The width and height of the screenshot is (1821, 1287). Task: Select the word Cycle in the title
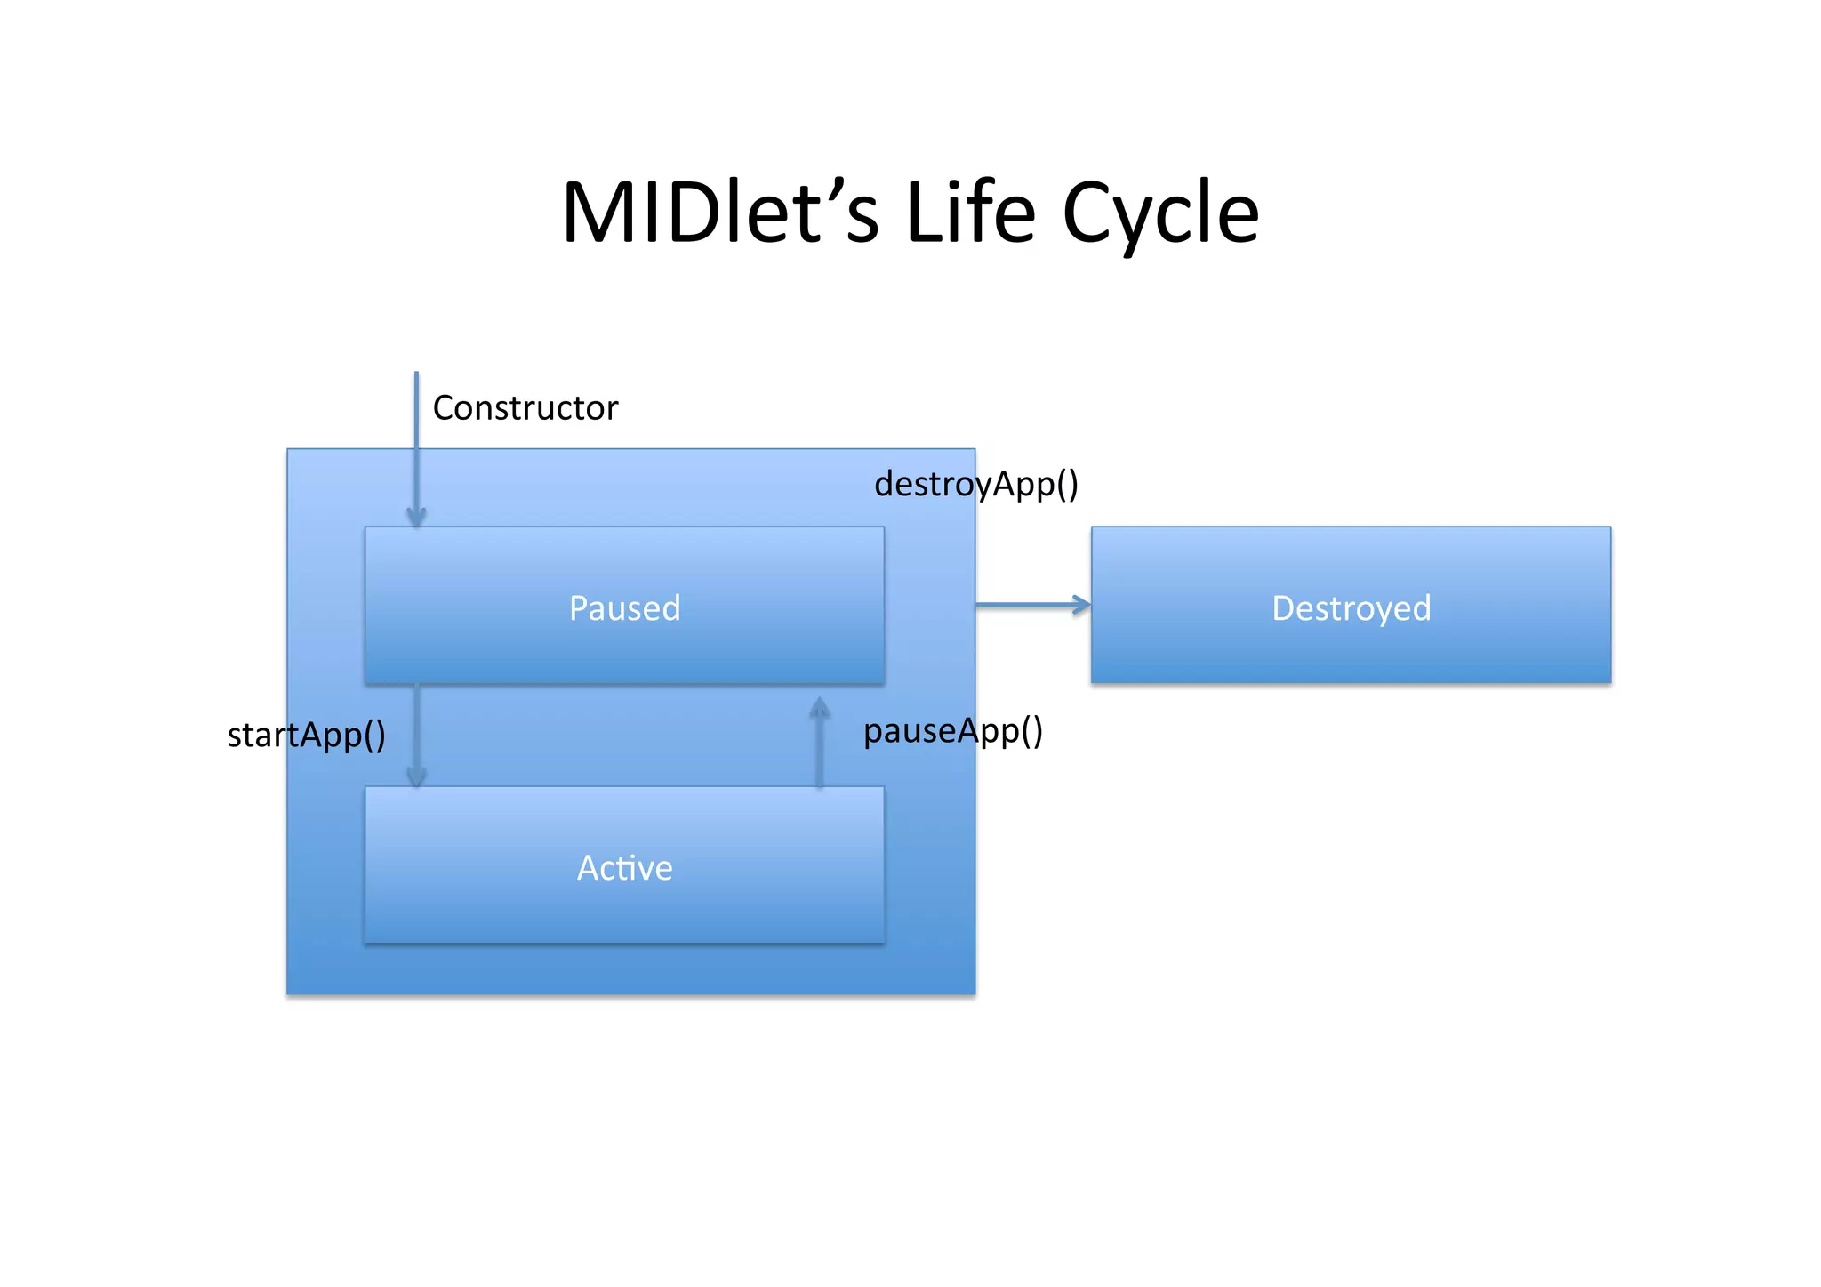[1160, 215]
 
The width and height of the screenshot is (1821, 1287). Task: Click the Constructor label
[525, 408]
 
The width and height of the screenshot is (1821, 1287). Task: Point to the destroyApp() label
[975, 485]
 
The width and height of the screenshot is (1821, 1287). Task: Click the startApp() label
[306, 736]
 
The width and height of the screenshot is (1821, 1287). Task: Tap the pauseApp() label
[952, 731]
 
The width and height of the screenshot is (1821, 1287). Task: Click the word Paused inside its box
[624, 608]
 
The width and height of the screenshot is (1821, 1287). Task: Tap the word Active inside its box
[624, 868]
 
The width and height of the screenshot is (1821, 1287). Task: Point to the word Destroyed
[1351, 608]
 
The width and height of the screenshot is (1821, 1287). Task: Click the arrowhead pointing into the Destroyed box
[1082, 605]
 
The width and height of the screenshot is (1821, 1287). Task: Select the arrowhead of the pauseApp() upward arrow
[819, 707]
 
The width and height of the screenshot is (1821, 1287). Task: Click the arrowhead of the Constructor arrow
[416, 517]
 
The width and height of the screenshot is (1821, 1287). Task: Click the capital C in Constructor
[443, 408]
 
